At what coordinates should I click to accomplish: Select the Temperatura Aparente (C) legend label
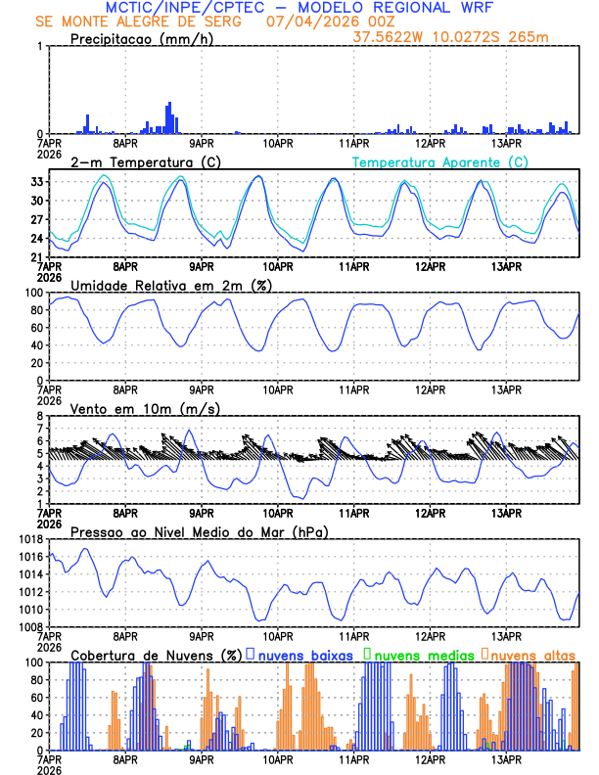tap(439, 161)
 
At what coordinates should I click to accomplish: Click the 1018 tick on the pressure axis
tap(28, 539)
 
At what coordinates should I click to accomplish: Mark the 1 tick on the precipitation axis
tap(39, 47)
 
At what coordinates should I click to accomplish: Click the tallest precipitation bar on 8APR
tap(169, 117)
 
